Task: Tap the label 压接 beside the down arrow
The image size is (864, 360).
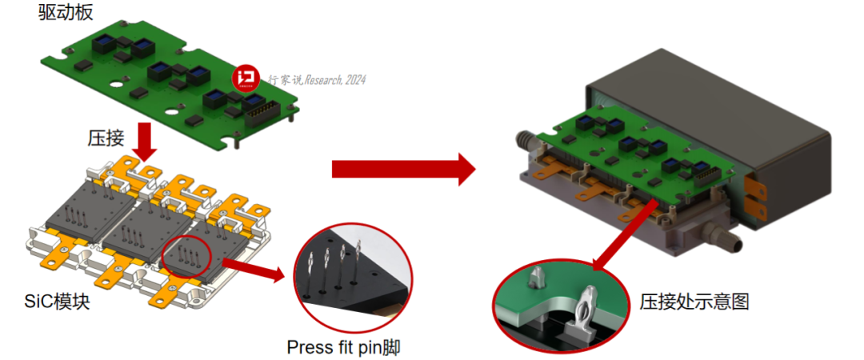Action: [x=105, y=138]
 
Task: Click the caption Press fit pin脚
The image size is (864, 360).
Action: [x=344, y=348]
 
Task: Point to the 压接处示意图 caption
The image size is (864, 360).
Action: [x=694, y=302]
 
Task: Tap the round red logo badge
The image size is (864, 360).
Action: [x=246, y=78]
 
